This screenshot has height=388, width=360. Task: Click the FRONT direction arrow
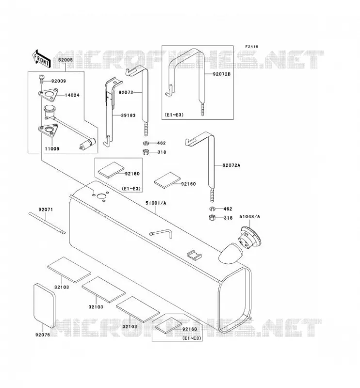coord(41,58)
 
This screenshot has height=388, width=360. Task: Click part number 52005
coord(65,60)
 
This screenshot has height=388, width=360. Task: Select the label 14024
coord(72,95)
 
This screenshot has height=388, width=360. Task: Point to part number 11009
coord(52,149)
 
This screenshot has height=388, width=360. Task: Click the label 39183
coord(128,115)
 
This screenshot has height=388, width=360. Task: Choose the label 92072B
coord(222,74)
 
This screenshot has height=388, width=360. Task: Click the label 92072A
coord(231,165)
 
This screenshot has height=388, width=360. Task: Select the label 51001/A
coord(156,203)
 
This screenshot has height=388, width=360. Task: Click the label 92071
coord(46,210)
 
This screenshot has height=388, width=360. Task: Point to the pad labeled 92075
coord(44,306)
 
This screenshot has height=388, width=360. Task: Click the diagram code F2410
coord(251,47)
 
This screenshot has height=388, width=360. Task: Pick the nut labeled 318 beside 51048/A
coord(212,218)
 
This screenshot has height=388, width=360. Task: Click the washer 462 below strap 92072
coord(146,143)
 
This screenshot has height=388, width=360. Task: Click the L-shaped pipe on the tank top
coord(161,233)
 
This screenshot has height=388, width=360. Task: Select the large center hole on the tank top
coord(101,196)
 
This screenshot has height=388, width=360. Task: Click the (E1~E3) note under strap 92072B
coord(174,115)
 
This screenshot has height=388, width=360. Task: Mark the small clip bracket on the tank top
coord(194,255)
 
